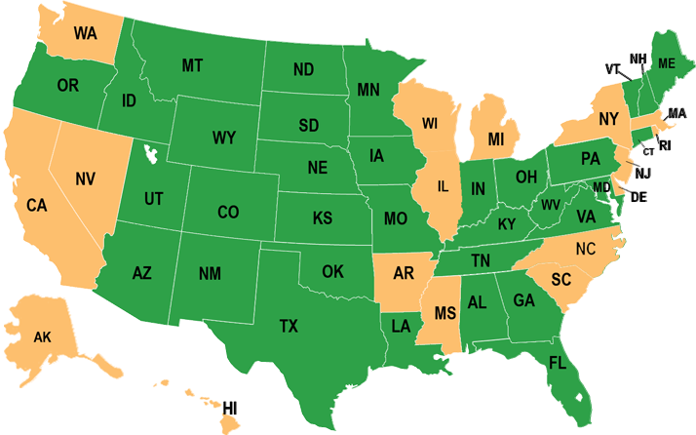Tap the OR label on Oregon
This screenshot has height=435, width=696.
click(x=67, y=86)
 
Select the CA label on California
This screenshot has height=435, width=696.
click(x=37, y=206)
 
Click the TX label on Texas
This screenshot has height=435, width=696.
click(x=289, y=325)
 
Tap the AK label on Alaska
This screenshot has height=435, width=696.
click(x=42, y=337)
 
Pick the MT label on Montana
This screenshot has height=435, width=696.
click(x=192, y=65)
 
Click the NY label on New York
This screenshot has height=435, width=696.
click(x=608, y=119)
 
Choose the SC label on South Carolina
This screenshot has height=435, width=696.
click(x=560, y=279)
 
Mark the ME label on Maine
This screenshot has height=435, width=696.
click(x=667, y=62)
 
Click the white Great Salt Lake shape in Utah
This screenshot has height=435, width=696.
click(x=149, y=155)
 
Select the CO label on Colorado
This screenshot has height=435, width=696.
click(x=228, y=212)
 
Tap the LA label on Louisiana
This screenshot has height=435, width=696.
click(x=401, y=325)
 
